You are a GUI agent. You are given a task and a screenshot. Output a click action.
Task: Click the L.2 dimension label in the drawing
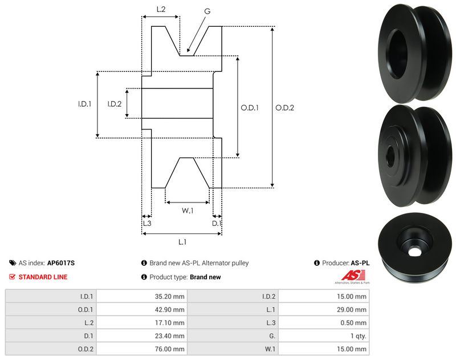pos(161,9)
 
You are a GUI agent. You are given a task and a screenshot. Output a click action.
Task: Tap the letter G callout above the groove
pos(207,10)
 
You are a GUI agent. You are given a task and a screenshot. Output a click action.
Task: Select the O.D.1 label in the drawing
pos(250,107)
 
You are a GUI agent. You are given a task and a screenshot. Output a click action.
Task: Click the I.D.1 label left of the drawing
pos(85,104)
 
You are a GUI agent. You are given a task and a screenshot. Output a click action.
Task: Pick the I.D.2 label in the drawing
pos(115,104)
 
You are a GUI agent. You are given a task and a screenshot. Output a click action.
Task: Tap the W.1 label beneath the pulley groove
pos(188,211)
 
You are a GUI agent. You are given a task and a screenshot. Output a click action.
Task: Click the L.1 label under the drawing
pos(182,242)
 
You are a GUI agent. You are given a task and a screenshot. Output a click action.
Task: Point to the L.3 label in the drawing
pos(146,223)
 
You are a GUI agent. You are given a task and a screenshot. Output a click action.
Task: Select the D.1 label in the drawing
pos(216,223)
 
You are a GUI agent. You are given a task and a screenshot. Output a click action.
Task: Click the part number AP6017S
pos(61,263)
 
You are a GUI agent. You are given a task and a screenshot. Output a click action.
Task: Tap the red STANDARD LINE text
pos(43,277)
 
